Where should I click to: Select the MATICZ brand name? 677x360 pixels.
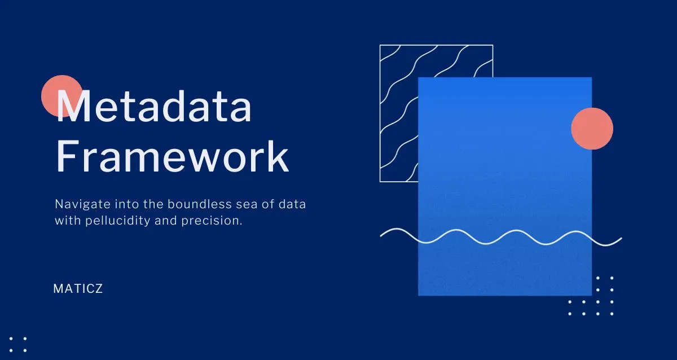point(78,289)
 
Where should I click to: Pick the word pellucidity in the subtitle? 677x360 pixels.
point(117,221)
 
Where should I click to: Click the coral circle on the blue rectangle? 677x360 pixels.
point(592,128)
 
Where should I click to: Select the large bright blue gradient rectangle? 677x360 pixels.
point(505,186)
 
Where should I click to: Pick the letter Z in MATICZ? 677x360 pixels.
point(99,289)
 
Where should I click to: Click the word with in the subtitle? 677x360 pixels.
point(67,221)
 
